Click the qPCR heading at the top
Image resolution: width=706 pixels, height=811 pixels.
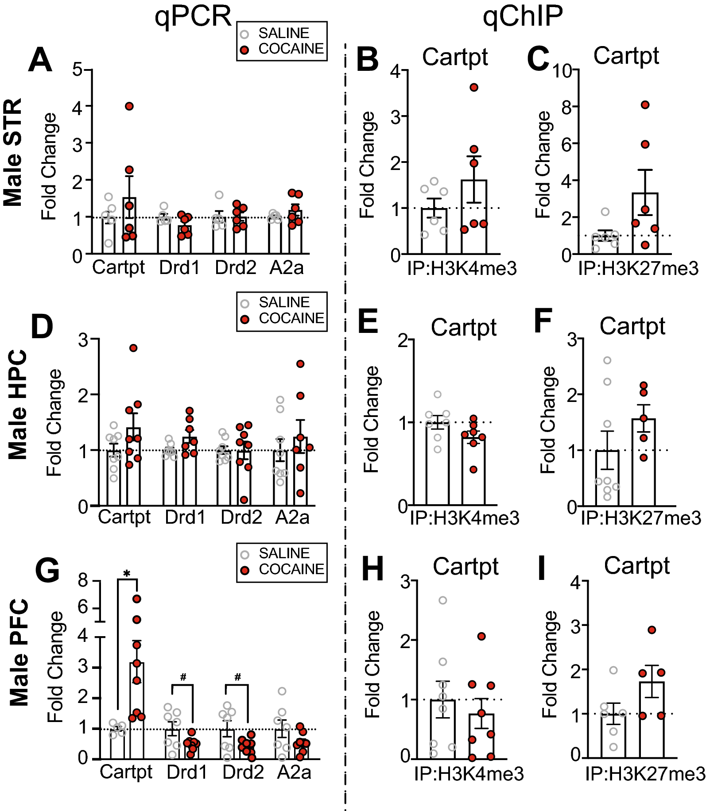(193, 17)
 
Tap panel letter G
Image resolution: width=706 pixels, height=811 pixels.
(47, 571)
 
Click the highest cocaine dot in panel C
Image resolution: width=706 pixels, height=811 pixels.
(645, 105)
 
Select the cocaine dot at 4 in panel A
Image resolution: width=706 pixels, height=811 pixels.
(129, 106)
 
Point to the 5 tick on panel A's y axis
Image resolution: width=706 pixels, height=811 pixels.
(78, 70)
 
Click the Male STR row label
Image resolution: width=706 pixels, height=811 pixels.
(13, 152)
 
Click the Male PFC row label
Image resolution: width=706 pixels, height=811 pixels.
(19, 653)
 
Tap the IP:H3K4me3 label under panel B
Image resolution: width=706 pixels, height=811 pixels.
(462, 269)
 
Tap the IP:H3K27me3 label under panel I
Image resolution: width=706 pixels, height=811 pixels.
(645, 774)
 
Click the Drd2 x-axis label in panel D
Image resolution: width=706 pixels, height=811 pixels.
(241, 517)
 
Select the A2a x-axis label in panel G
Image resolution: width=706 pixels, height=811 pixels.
(294, 772)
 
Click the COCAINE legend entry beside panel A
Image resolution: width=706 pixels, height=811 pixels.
(291, 49)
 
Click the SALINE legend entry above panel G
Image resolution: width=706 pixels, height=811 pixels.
(283, 553)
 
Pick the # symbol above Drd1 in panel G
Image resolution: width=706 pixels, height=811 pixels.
(183, 677)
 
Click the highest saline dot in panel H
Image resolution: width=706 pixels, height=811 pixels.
(442, 601)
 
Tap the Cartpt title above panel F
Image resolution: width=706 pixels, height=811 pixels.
(632, 327)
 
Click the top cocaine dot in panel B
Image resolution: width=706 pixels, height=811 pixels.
(474, 88)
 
